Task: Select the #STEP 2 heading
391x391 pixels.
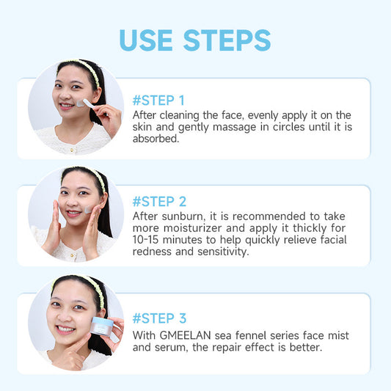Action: click(x=159, y=201)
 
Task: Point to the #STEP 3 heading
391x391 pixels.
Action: click(x=159, y=318)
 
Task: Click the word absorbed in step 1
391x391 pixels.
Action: click(x=156, y=139)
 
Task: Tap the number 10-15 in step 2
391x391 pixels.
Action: click(x=150, y=240)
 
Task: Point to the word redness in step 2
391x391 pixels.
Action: click(x=156, y=252)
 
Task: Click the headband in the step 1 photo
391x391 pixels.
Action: click(x=87, y=70)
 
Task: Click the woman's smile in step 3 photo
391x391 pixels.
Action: click(x=65, y=329)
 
